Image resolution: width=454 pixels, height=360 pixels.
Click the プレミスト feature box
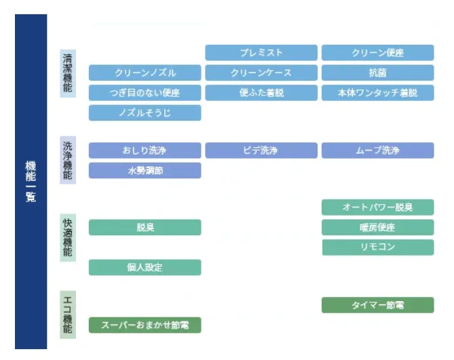(261, 53)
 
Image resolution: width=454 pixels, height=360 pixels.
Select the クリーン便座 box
(377, 53)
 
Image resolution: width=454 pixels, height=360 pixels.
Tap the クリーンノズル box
(145, 73)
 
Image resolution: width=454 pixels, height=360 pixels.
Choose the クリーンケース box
(261, 73)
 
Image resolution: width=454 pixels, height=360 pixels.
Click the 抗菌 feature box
(377, 73)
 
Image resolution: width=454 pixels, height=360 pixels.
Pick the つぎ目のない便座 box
(145, 93)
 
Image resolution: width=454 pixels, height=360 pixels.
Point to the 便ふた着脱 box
(261, 93)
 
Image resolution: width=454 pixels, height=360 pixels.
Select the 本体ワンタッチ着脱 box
(377, 93)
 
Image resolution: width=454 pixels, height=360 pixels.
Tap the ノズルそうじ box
(145, 113)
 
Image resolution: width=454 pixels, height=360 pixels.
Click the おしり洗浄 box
(145, 151)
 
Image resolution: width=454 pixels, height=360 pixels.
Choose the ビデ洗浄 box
(261, 151)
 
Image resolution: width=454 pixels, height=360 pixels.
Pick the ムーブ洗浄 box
(377, 151)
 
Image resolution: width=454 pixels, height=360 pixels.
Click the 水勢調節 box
(145, 170)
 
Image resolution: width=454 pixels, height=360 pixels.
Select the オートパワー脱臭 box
(377, 207)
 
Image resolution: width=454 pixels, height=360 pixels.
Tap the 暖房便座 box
(377, 227)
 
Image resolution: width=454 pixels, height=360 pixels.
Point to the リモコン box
(377, 247)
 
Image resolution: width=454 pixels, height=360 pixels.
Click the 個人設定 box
(145, 267)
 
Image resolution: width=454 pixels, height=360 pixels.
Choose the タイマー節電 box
(377, 305)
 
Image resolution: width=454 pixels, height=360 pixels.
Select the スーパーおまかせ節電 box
(145, 325)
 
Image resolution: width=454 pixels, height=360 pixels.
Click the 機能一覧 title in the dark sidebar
(31, 182)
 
